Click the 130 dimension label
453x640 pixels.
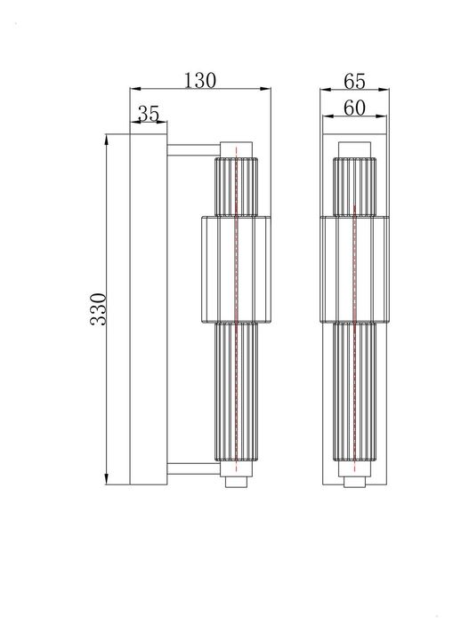coord(200,79)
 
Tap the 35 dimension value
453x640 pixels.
coord(149,114)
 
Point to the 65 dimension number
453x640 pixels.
coord(354,81)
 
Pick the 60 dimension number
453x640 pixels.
coord(354,108)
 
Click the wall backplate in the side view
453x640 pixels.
coord(149,308)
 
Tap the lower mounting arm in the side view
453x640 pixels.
coord(191,468)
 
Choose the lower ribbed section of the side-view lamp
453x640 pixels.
coord(236,392)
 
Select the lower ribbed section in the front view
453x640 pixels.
coord(354,392)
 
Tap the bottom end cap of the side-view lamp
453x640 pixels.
coord(236,480)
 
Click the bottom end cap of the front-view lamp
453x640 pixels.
coord(354,480)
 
